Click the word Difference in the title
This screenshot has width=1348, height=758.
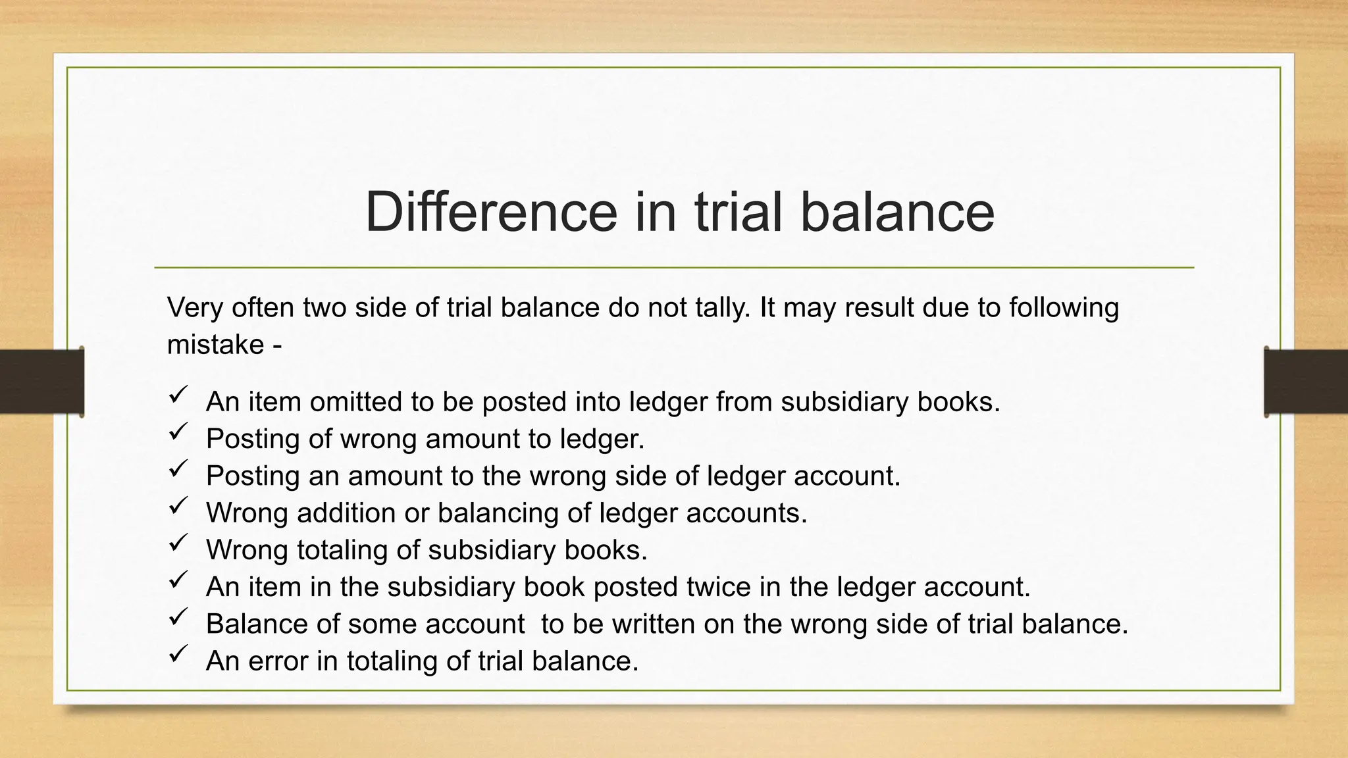tap(490, 212)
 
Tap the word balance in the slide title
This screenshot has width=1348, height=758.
tap(896, 212)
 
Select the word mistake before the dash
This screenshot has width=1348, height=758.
tap(215, 345)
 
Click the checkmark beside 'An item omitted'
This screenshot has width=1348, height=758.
tap(178, 395)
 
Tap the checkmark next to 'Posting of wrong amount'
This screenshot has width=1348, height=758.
tap(178, 432)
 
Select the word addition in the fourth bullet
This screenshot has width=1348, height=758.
tap(346, 513)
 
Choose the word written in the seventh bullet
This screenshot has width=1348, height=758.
tap(653, 624)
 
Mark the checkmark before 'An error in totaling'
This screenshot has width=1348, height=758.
tap(178, 653)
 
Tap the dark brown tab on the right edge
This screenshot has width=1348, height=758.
tap(1306, 382)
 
